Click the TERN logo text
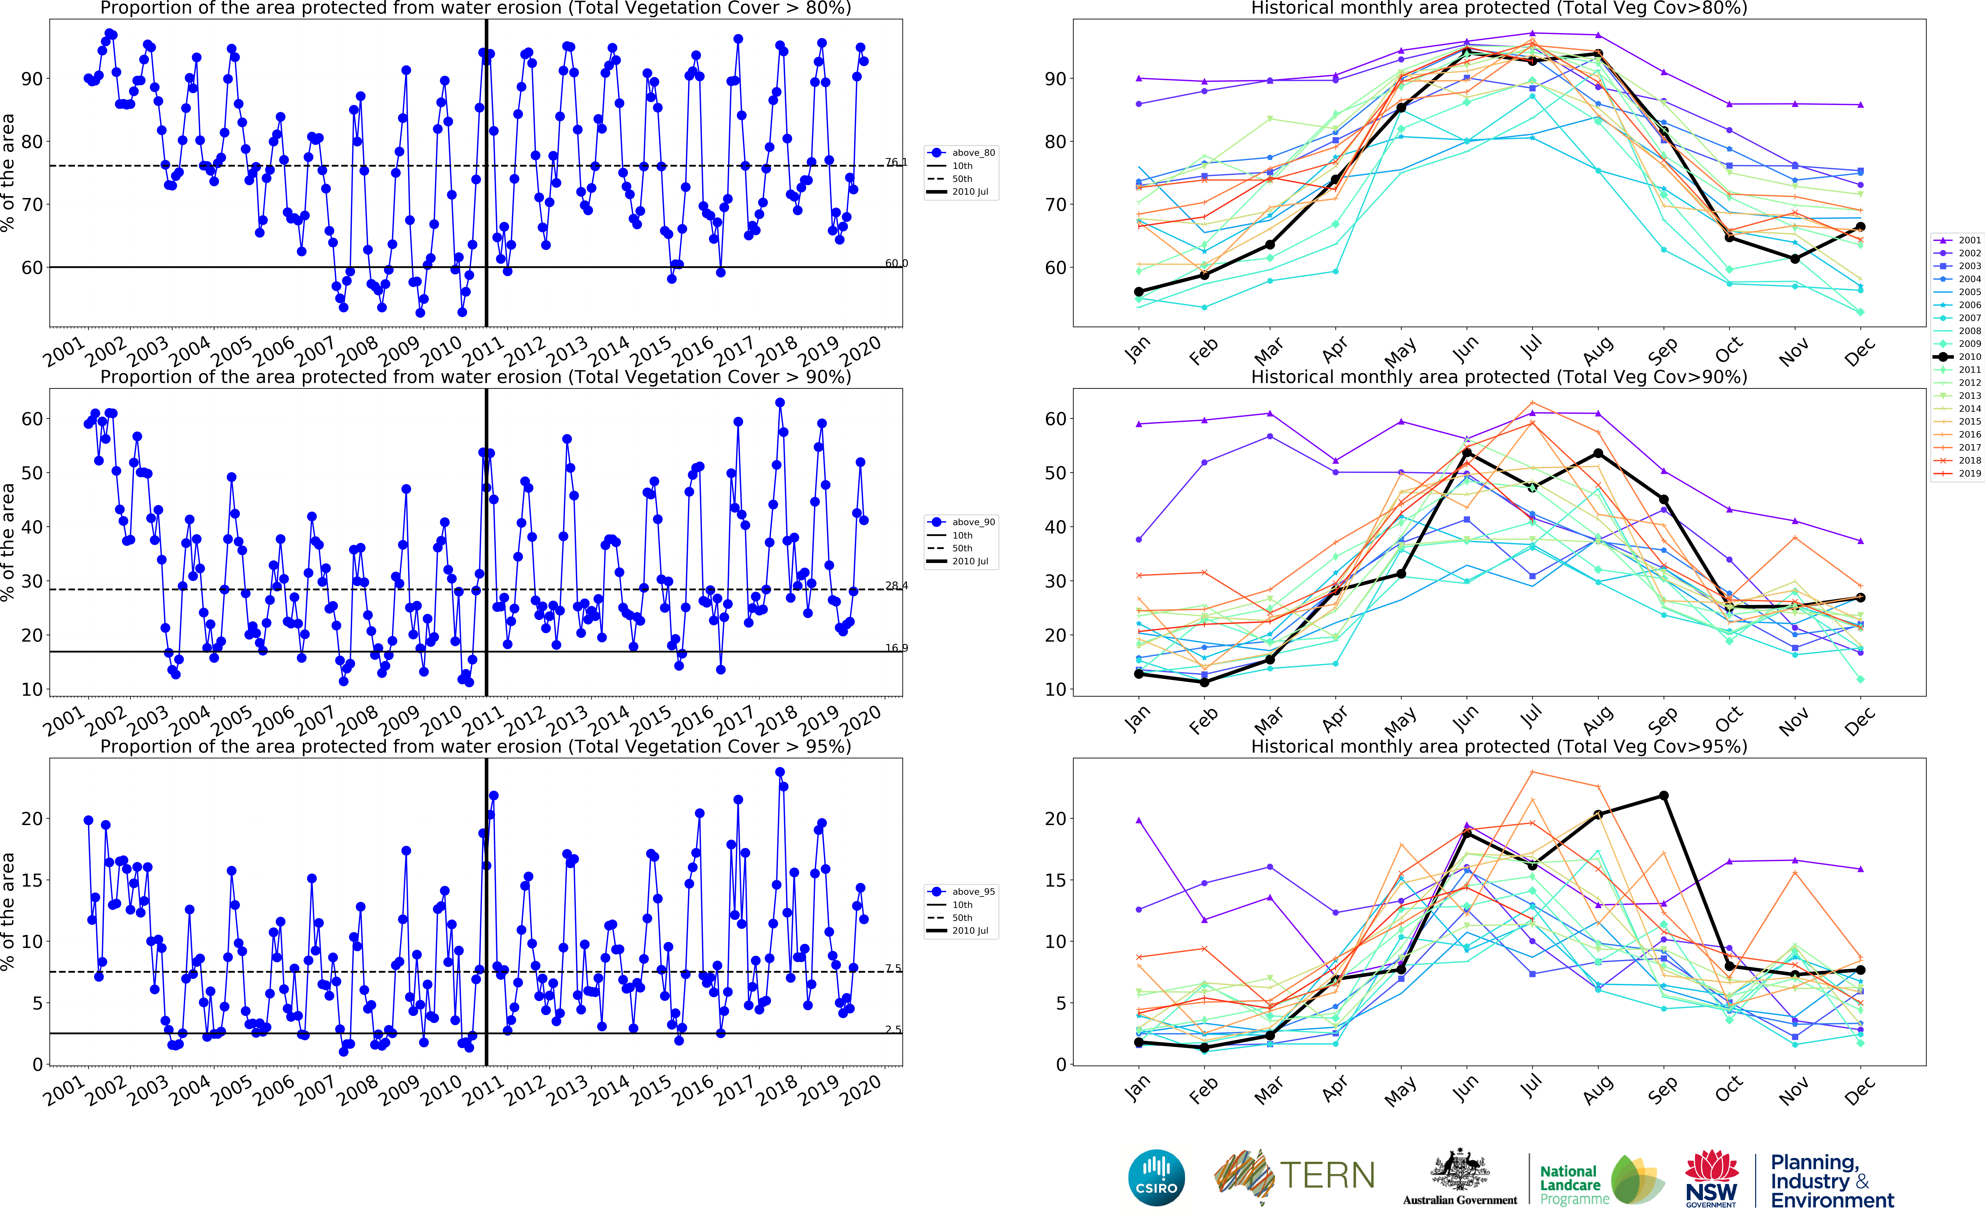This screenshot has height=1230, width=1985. point(1327,1175)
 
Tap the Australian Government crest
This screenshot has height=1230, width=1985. point(1460,1170)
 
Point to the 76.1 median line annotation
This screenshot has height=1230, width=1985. point(896,162)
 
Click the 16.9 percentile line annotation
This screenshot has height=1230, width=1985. point(896,648)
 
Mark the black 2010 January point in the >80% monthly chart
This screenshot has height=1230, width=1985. point(1138,291)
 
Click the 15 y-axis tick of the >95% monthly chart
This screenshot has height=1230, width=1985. point(1056,880)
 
